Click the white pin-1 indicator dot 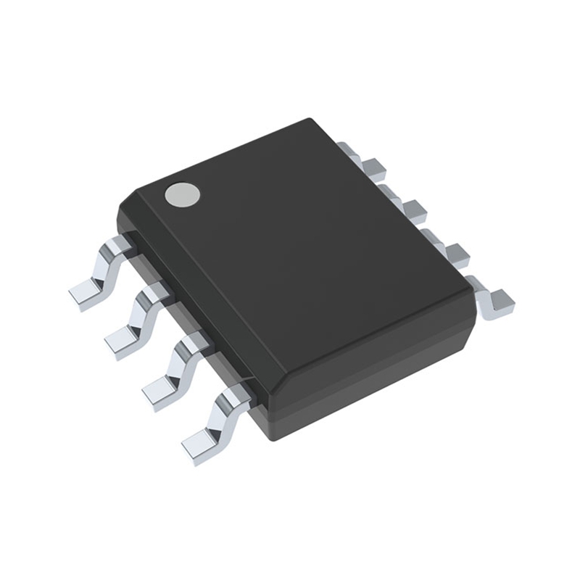point(181,194)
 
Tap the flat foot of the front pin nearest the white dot point(86,295)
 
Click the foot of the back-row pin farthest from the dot point(499,303)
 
